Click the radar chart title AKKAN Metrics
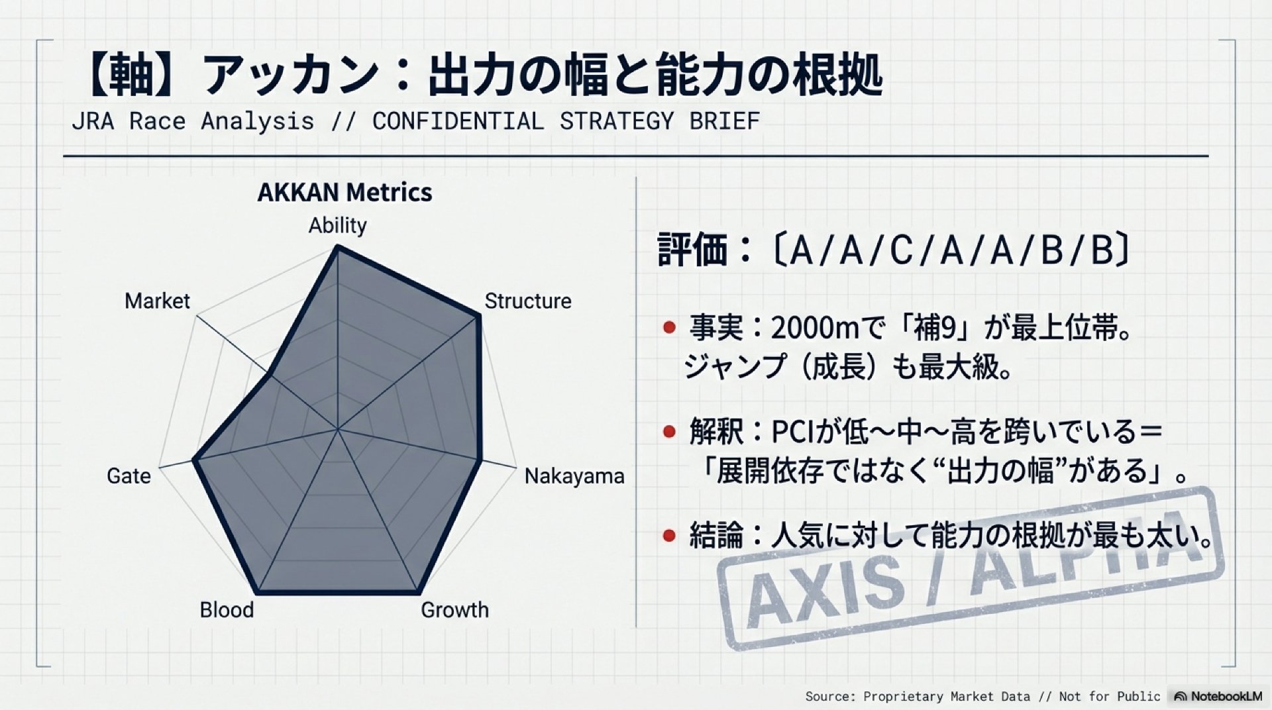344,192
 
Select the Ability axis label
337,225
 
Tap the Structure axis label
528,301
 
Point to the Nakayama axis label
574,476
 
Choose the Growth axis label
454,609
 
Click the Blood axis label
227,609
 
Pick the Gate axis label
129,476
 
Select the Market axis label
157,301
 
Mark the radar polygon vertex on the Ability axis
338,246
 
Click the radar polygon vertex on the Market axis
270,374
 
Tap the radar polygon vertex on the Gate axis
194,460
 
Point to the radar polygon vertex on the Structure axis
478,317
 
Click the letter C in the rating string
902,250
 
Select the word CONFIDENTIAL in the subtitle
458,121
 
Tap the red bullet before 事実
669,327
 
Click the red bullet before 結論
669,535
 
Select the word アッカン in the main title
290,76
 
